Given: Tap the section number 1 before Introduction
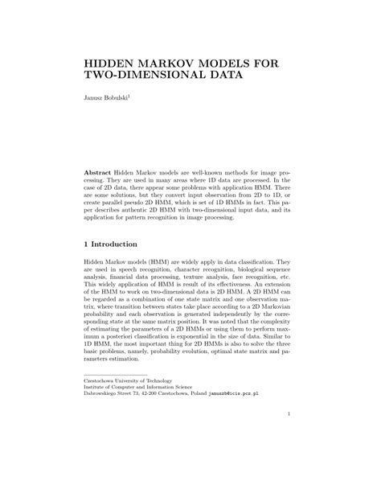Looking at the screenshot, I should [87, 244].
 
